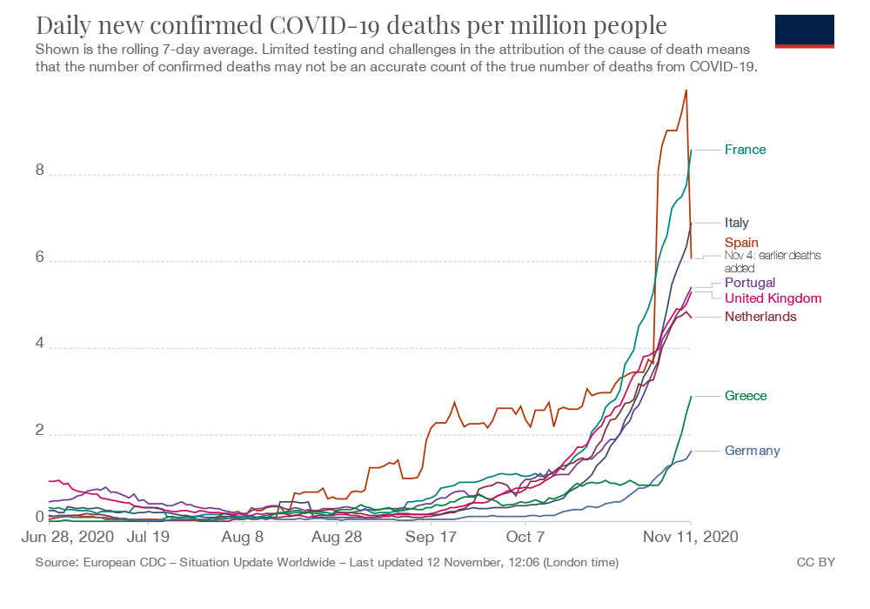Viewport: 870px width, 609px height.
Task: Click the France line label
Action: click(745, 150)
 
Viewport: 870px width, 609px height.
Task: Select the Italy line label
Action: click(736, 223)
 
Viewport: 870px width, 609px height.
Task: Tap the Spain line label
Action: click(741, 242)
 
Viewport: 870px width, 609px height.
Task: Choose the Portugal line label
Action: click(749, 283)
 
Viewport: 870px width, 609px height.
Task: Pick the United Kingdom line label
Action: click(773, 298)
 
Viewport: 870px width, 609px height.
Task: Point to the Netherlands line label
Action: click(760, 317)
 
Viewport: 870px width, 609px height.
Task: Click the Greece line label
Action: click(746, 396)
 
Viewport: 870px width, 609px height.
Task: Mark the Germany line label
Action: click(752, 451)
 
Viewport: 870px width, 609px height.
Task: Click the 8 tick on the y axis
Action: click(40, 171)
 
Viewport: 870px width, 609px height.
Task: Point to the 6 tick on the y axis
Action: click(40, 258)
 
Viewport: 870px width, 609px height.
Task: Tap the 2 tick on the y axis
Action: click(40, 432)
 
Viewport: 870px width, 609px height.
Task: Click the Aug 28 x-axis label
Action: click(338, 538)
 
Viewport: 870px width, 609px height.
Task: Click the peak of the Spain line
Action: click(686, 90)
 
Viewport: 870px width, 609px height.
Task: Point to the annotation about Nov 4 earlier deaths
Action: click(773, 262)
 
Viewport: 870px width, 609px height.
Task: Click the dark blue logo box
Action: click(804, 30)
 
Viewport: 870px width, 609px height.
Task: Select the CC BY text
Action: click(815, 563)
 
